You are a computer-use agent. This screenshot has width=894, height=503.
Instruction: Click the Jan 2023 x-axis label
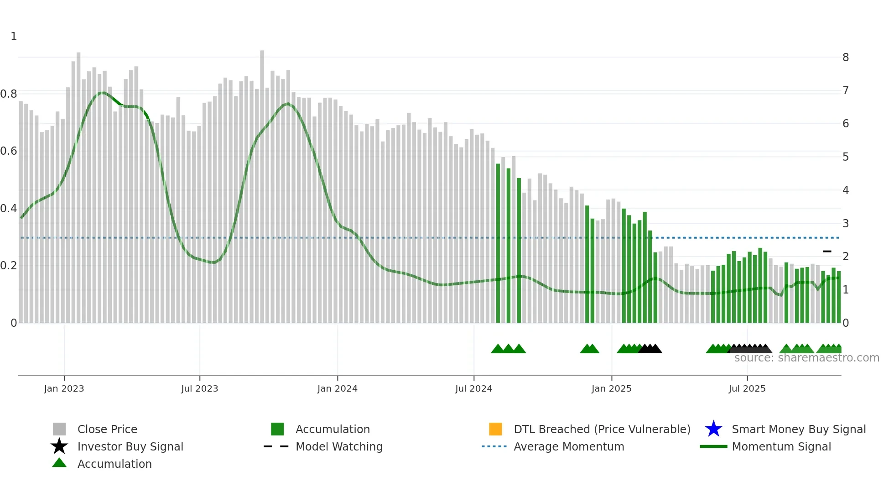64,388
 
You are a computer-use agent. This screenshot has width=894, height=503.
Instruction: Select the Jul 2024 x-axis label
473,388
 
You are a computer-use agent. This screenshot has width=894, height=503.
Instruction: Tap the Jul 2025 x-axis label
747,388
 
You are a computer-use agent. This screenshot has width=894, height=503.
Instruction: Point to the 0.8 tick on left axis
9,94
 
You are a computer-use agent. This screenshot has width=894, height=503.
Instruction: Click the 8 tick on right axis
846,58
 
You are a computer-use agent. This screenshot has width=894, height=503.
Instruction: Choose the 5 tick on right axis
846,157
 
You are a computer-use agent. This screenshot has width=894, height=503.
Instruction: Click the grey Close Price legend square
59,429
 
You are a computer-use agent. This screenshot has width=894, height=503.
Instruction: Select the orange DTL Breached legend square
495,429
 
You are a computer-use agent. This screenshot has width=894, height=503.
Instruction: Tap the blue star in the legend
713,429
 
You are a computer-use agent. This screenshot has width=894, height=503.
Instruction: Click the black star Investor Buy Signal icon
59,446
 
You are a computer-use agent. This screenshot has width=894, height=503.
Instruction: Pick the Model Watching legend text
339,446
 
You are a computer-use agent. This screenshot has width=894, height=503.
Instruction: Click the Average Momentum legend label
569,446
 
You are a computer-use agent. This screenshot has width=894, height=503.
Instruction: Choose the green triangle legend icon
59,463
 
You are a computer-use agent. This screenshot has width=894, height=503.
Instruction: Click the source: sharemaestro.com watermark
806,358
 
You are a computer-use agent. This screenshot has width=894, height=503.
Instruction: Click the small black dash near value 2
827,251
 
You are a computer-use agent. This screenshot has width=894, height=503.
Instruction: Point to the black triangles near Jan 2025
650,349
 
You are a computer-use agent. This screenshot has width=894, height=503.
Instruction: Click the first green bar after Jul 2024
498,242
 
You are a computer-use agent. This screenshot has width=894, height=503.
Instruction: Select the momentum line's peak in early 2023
103,93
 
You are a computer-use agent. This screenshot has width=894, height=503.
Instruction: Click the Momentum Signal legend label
781,446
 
